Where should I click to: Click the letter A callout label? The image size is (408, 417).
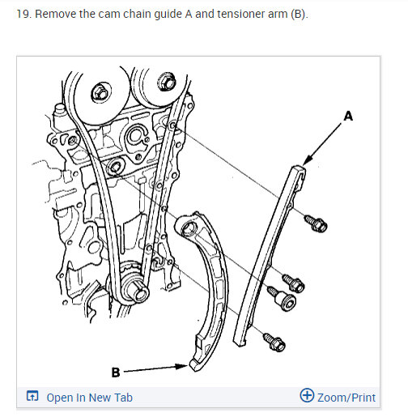click(348, 117)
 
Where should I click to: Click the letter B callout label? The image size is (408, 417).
click(116, 372)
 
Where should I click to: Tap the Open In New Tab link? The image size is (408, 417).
click(89, 398)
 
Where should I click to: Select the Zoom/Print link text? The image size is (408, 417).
click(346, 398)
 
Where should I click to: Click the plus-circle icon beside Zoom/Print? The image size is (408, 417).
click(307, 395)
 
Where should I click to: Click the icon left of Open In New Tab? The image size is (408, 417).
click(32, 396)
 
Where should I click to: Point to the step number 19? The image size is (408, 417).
click(24, 14)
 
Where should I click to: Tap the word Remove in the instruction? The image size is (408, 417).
click(56, 14)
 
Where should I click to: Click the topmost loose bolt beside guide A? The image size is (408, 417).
click(316, 223)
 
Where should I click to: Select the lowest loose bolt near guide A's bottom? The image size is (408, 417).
click(274, 342)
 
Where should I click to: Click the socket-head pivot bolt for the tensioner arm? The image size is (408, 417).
click(283, 298)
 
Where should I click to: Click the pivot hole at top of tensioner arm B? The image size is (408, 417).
click(188, 228)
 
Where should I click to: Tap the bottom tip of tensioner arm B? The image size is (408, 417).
click(193, 366)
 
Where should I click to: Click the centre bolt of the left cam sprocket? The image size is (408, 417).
click(101, 92)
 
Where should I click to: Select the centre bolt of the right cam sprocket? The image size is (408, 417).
click(167, 81)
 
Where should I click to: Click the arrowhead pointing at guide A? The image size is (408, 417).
click(308, 160)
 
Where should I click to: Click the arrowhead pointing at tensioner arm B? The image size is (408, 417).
click(181, 366)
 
